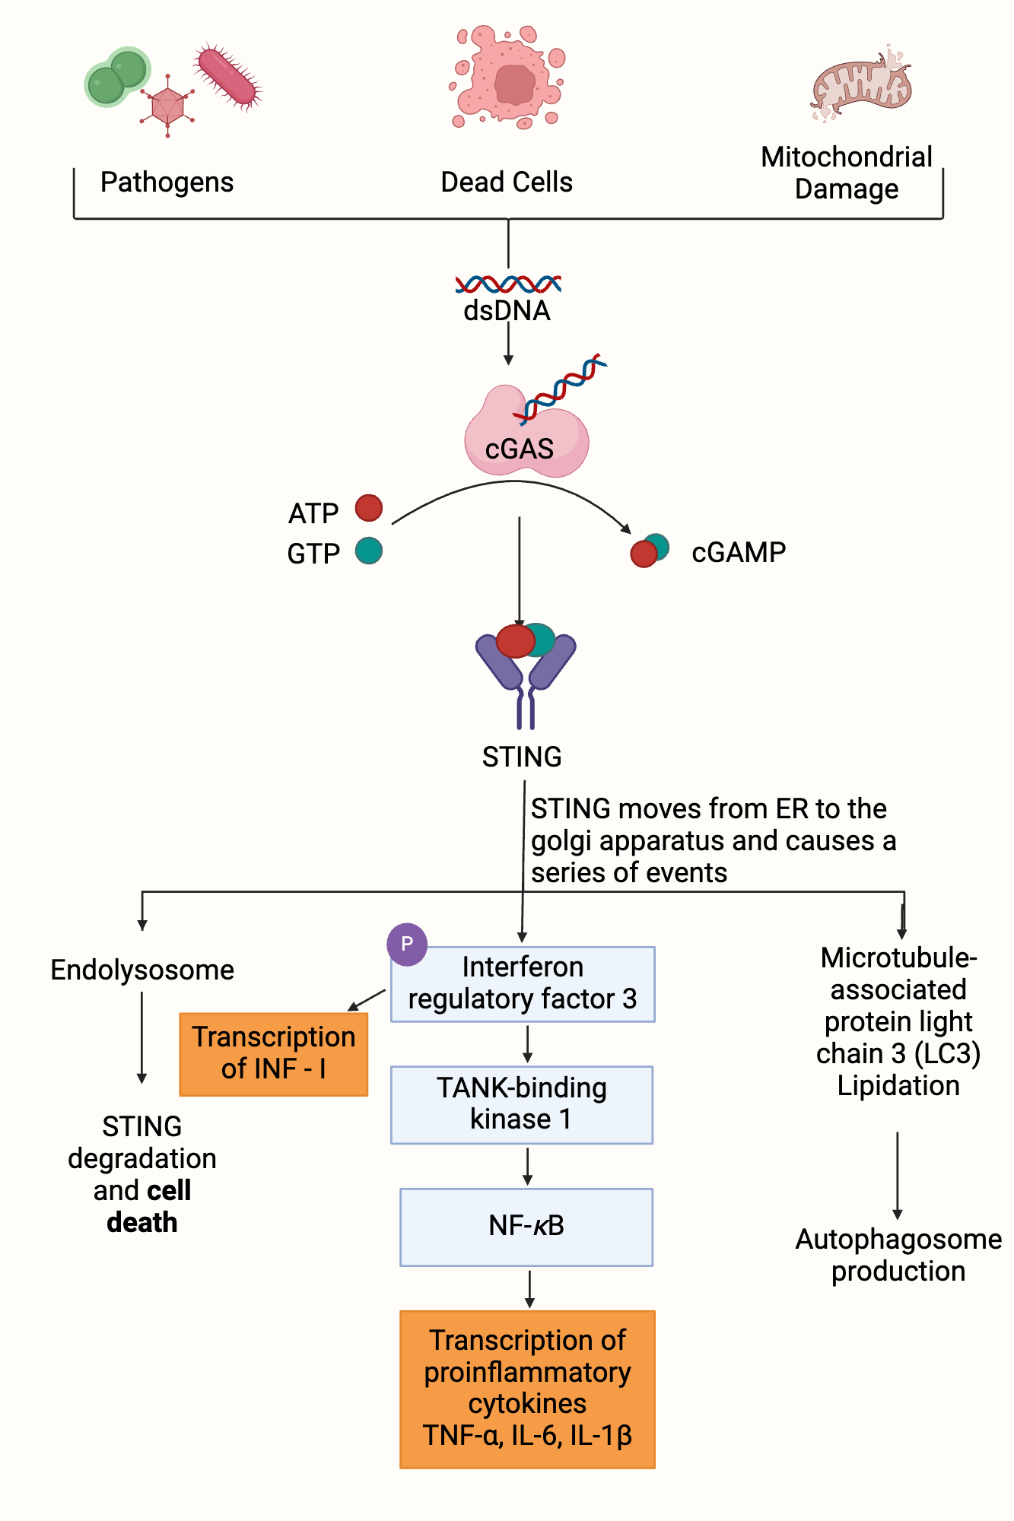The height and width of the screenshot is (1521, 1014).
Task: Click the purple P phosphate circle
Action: pos(407,944)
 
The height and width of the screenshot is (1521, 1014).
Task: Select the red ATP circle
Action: pos(369,508)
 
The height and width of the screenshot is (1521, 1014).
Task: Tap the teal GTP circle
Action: pos(369,551)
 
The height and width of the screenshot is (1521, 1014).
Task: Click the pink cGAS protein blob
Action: pos(525,438)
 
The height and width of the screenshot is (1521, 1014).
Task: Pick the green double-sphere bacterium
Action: pos(117,77)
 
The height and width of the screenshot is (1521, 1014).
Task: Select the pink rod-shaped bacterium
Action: pos(227,76)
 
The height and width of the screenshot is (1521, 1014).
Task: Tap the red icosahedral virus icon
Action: pos(167,106)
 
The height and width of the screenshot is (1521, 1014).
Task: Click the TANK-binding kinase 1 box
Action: pos(522,1104)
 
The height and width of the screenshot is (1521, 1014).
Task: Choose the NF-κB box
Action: pos(526,1226)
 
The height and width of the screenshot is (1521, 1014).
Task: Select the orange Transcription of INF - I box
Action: pos(274,1053)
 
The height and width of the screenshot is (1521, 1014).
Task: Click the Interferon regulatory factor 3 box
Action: pos(523,983)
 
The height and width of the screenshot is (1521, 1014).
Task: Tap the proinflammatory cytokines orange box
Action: pos(527,1388)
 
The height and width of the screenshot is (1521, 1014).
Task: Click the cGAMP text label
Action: pos(738,552)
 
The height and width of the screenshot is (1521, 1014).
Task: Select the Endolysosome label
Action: pos(142,970)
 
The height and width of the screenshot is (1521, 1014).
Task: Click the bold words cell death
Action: pos(142,1208)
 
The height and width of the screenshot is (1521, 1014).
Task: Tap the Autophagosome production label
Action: pos(898,1255)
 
